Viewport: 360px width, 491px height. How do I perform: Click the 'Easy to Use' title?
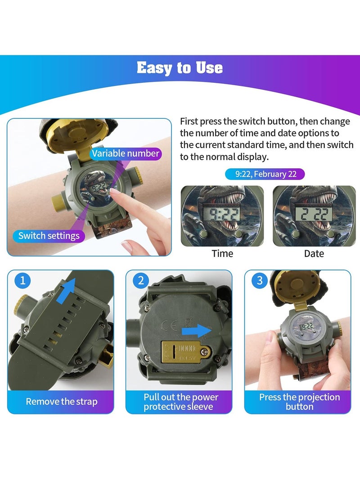[180, 68]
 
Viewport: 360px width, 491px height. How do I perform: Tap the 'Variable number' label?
[126, 153]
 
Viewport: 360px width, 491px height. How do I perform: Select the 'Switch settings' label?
[49, 235]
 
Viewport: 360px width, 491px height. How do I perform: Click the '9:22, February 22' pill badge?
[265, 174]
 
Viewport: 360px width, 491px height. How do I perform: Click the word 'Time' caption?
[222, 253]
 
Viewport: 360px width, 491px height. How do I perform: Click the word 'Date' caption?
[314, 253]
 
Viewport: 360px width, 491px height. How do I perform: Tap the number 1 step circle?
[23, 281]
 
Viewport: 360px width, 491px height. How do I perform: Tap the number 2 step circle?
[141, 281]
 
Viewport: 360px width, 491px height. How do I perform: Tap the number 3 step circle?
[259, 281]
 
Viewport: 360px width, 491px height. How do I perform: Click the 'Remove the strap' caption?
[61, 401]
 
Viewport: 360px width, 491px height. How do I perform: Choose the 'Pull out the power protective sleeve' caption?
[181, 401]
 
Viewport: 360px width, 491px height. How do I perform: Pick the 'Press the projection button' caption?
[299, 401]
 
